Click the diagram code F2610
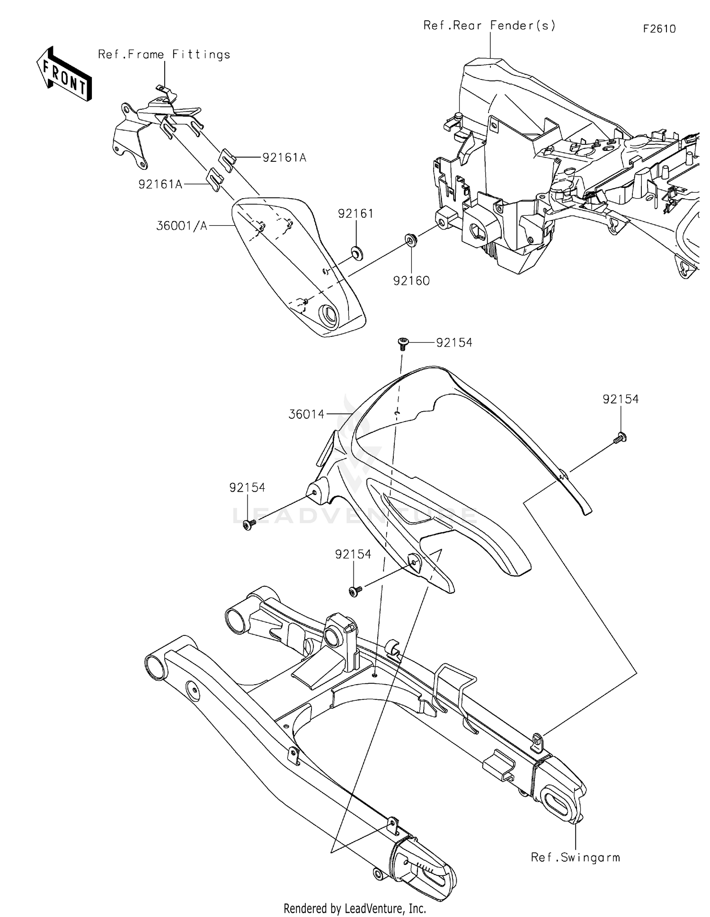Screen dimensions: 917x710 pos(659,29)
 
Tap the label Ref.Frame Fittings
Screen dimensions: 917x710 pos(164,54)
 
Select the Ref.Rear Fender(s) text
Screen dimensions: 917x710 pos(489,26)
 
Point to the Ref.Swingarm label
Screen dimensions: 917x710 pos(575,857)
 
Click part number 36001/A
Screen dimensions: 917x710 pos(182,226)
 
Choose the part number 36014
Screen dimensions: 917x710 pos(306,414)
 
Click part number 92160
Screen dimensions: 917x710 pos(411,281)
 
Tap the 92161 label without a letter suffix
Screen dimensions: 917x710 pos(355,214)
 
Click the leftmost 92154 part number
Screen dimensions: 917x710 pos(247,487)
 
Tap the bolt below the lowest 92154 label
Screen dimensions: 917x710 pos(355,590)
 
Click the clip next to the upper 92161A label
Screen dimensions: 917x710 pos(228,160)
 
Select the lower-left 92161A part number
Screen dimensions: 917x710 pos(160,184)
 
